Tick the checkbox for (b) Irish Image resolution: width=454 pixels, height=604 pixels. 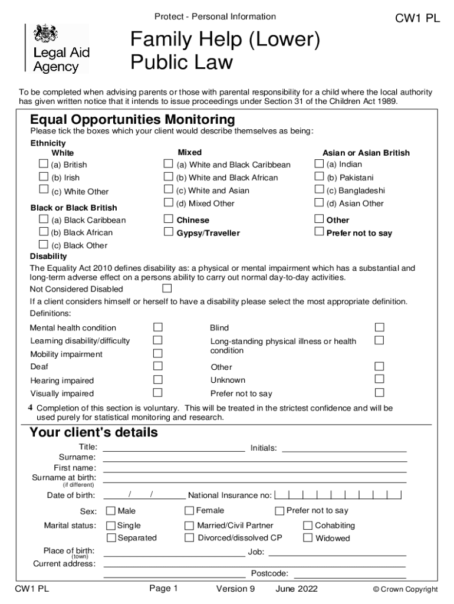[43, 176]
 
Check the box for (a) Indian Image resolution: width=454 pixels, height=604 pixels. [319, 163]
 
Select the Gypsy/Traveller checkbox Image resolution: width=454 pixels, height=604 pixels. [168, 232]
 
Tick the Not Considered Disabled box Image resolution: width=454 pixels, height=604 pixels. [167, 288]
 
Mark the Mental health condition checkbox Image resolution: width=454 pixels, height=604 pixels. [157, 327]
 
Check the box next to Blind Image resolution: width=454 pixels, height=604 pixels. [380, 327]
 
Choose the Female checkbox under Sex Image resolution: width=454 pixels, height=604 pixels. [189, 510]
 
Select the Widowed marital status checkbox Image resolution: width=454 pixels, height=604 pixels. [308, 537]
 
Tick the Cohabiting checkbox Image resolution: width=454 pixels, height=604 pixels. [308, 525]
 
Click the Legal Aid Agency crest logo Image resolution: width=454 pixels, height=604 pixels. [44, 34]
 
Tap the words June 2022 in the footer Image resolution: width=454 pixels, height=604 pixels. [296, 589]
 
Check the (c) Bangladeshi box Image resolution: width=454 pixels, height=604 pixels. [319, 189]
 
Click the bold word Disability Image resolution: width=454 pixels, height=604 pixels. [48, 257]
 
